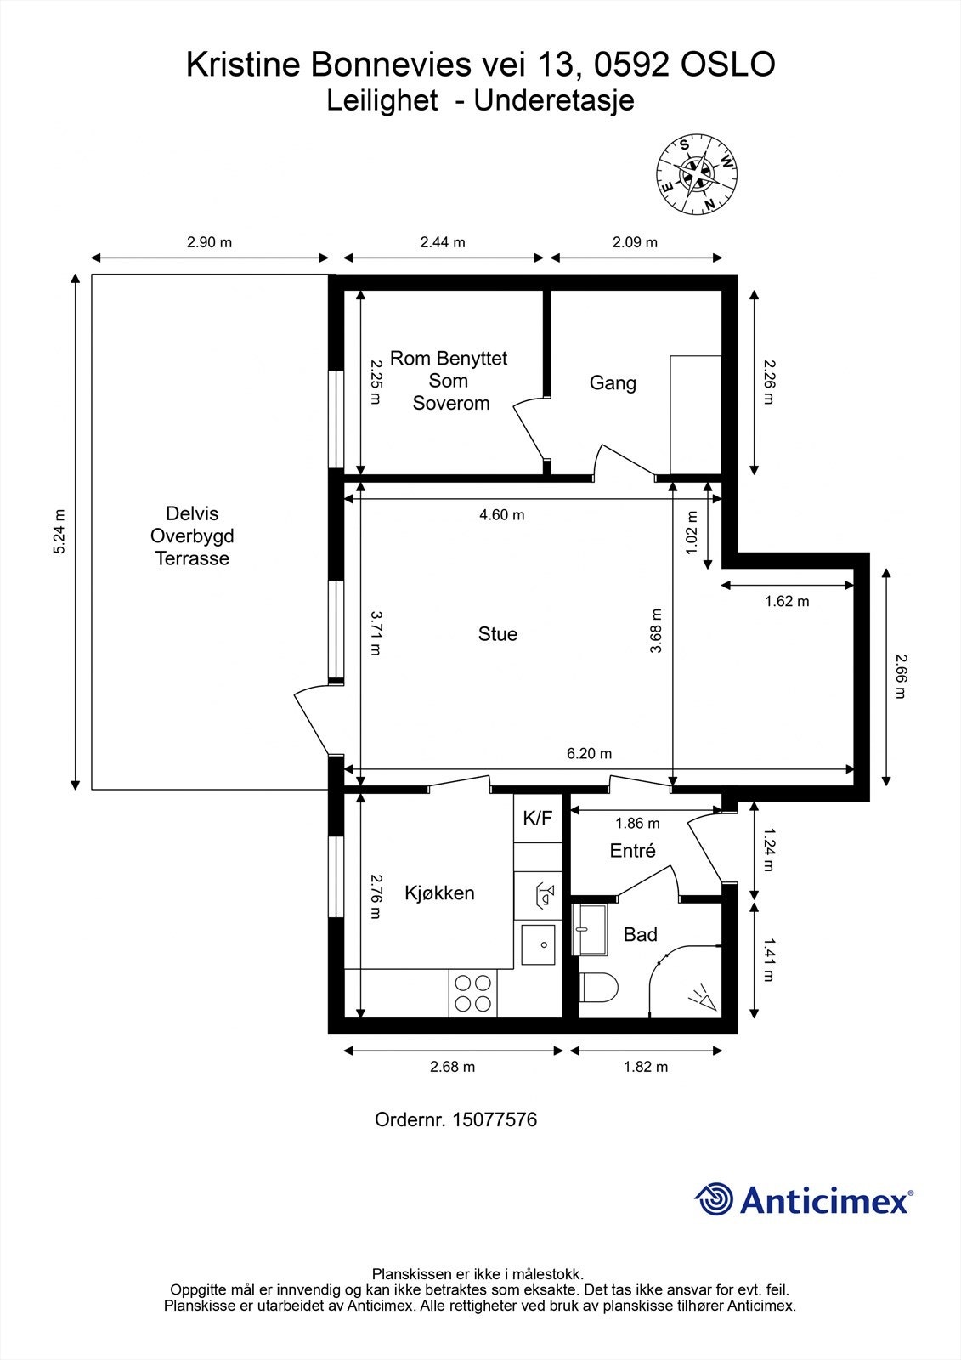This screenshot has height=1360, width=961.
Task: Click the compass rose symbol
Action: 697,174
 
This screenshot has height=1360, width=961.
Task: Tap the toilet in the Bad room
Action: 598,988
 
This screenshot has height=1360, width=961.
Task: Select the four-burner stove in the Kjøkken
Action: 472,993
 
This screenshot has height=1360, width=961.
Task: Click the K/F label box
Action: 538,819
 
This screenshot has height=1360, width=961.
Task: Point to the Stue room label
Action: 497,634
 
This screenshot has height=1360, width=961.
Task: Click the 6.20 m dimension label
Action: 589,754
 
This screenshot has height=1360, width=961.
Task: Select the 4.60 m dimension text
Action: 501,515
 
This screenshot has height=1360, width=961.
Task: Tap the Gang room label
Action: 613,383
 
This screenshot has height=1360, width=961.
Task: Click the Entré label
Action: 632,851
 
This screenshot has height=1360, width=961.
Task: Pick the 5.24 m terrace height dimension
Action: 59,532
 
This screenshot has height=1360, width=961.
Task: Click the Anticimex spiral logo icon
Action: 714,1200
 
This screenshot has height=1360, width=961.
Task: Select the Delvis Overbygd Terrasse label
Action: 192,536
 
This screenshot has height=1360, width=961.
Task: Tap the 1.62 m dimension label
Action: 787,602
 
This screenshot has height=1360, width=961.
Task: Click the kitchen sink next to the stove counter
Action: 538,944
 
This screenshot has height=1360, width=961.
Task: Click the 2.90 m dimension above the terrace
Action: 209,242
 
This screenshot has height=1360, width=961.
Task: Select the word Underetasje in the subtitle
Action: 554,101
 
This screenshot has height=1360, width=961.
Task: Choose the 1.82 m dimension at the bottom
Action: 646,1067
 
